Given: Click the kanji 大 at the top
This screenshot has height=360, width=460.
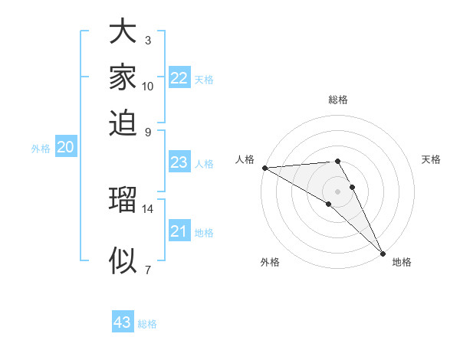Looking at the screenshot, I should point(123,32).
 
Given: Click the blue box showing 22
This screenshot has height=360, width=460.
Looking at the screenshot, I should point(179,78).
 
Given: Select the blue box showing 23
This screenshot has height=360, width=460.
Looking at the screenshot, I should point(179,162).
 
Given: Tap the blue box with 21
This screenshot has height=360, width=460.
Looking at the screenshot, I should point(179,231).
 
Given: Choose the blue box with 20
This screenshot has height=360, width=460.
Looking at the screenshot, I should point(65,148).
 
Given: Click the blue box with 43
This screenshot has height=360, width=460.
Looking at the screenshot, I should point(122,322).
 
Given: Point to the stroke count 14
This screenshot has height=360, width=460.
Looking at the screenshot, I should point(148,208).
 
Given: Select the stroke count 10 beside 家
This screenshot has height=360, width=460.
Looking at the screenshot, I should point(148,86).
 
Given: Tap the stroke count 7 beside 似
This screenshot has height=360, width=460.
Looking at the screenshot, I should point(148,269).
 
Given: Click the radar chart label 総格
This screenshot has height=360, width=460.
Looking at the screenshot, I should point(338,100).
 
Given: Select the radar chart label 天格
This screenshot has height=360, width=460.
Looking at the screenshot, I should point(432,159).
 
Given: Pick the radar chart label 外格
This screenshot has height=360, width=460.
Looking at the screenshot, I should point(270,262).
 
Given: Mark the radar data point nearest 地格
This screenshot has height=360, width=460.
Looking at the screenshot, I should point(382,252).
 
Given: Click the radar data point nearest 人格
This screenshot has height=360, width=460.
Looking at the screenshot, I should point(264,168).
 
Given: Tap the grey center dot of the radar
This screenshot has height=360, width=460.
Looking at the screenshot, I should point(338,191).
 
